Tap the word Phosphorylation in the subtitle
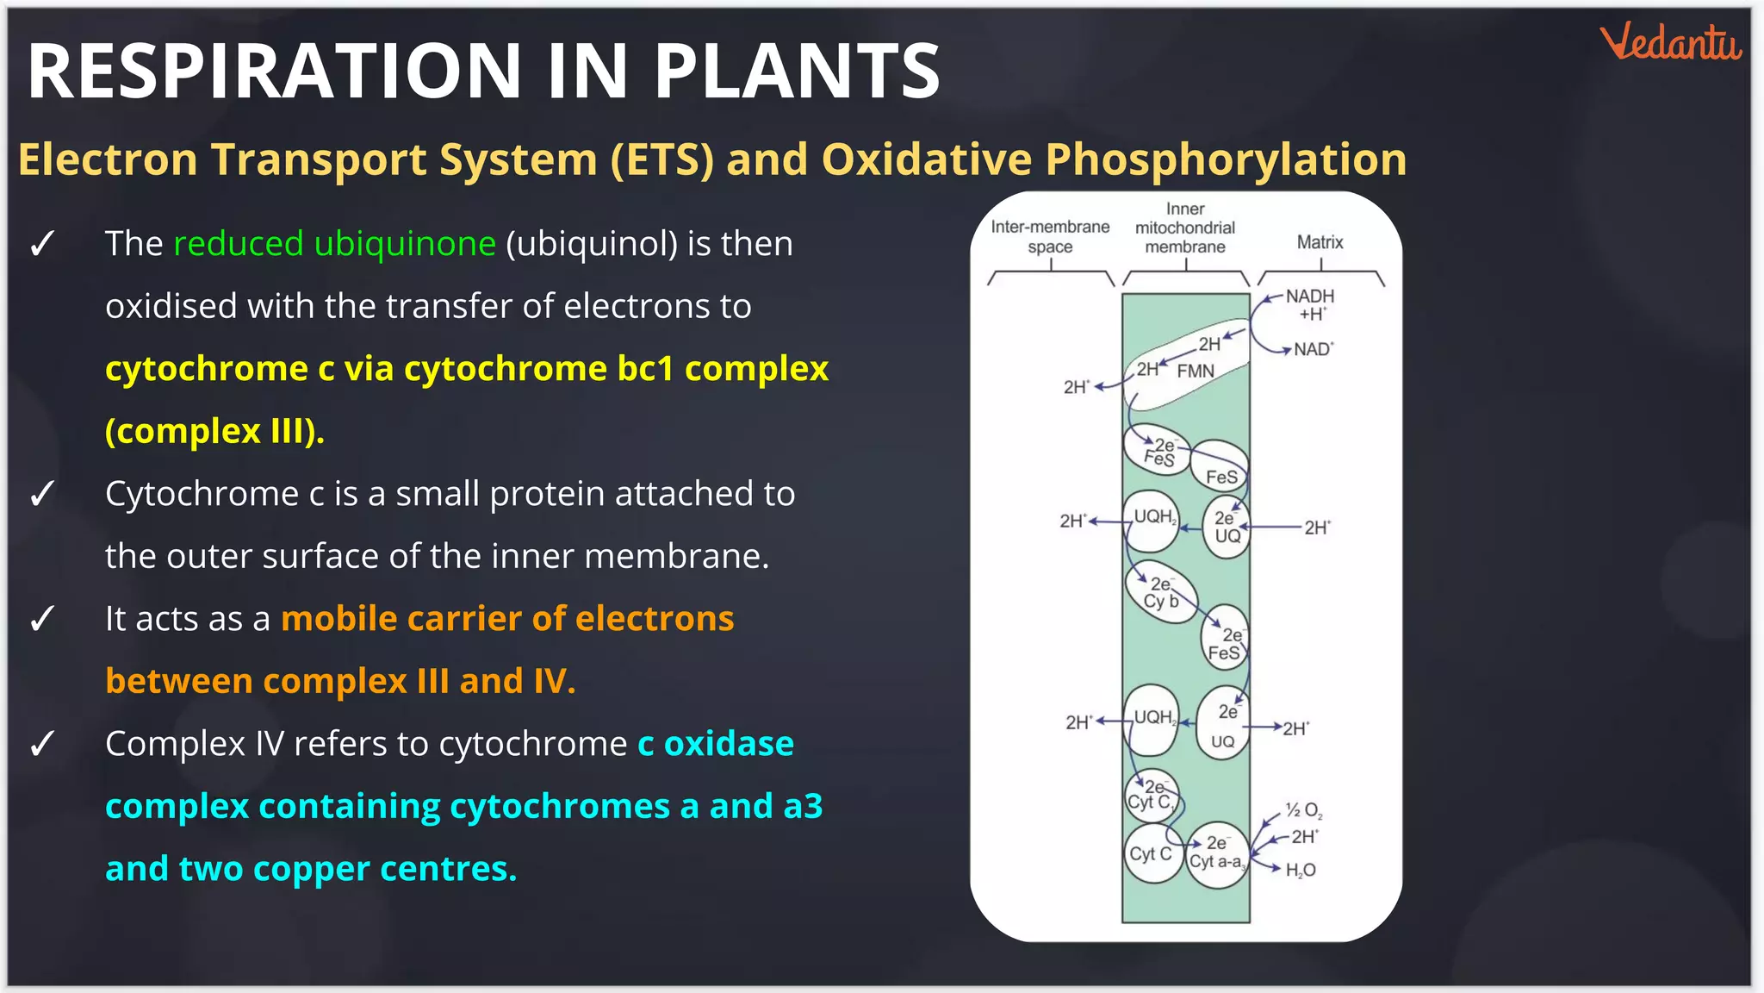[1226, 159]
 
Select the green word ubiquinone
[405, 244]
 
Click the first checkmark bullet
[42, 245]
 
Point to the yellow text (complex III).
[214, 431]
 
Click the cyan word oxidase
[729, 744]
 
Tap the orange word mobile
[337, 619]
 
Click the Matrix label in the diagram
[1320, 242]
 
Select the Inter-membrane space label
[1050, 236]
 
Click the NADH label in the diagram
[1309, 296]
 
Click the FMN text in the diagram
[1196, 371]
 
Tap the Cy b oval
[1161, 593]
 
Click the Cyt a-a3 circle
[1216, 854]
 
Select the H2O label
[1300, 871]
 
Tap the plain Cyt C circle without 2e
[1151, 854]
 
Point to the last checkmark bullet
[42, 745]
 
